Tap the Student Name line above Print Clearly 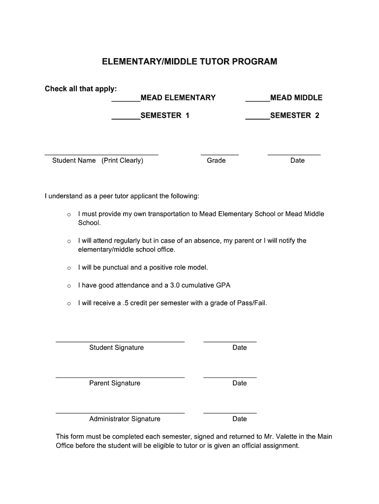pos(101,155)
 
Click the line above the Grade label pos(220,155)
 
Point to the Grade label pos(216,160)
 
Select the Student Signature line pos(120,341)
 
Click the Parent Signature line pos(120,377)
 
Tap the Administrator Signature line pos(120,412)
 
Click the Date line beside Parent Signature pos(230,377)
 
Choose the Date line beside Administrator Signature pos(230,412)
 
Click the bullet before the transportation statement pos(69,215)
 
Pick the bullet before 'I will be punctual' pos(69,268)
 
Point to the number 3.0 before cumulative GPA pos(175,285)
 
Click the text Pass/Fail pos(252,303)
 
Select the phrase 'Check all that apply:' pos(81,89)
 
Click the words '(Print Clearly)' pos(123,160)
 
